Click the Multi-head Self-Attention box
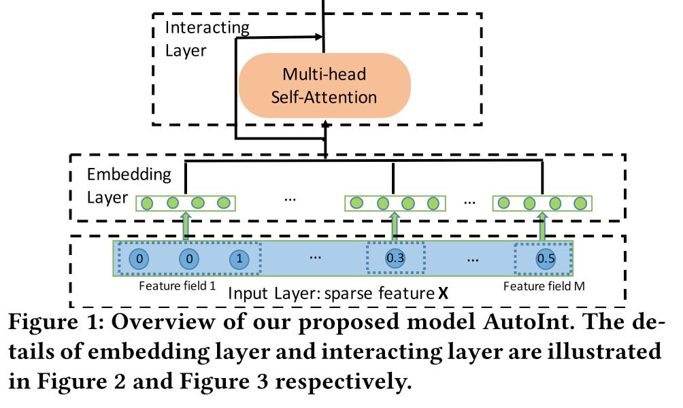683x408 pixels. coord(324,86)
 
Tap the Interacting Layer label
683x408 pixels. coord(207,39)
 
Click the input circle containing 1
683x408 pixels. coord(239,259)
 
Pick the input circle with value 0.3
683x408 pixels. coord(395,259)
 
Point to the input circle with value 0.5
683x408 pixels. coord(545,259)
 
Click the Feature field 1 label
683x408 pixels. coord(177,286)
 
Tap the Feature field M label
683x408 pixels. coord(544,286)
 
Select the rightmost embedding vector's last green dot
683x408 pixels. coord(580,203)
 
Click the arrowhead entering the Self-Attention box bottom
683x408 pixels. coord(326,124)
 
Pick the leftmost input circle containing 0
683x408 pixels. coord(138,259)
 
